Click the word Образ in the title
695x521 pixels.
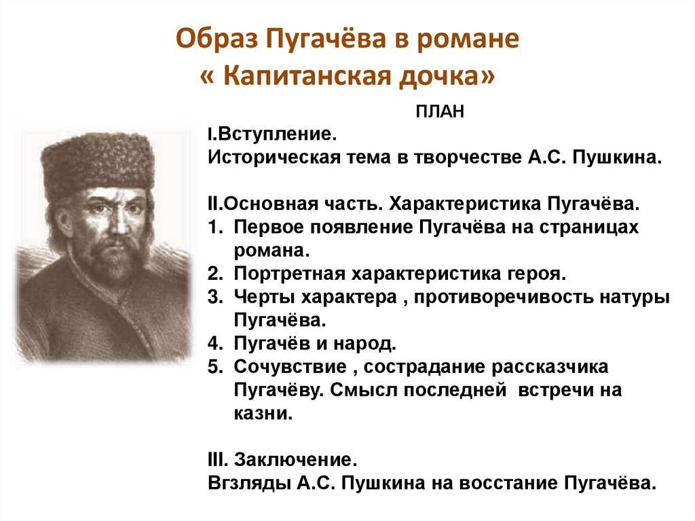pos(219,41)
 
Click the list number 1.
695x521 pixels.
pos(214,228)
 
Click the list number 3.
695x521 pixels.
pos(214,297)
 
